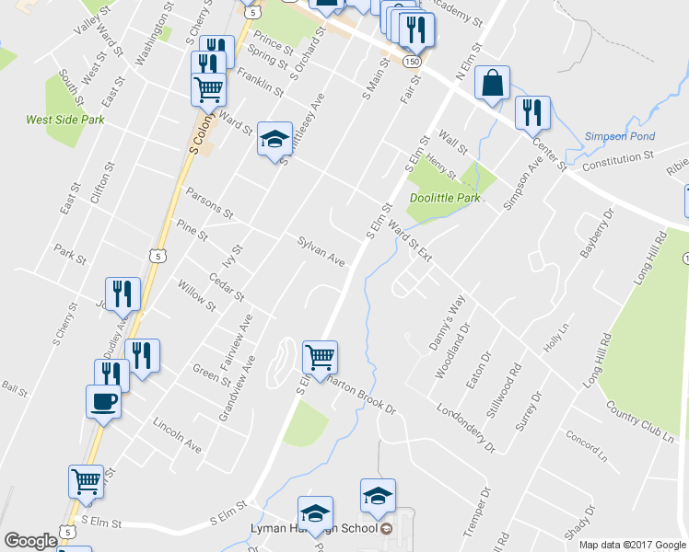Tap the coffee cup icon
(x=102, y=401)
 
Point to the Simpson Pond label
(x=613, y=137)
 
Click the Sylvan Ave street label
(x=321, y=250)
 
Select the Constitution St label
(x=611, y=161)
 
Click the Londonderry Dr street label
(x=466, y=429)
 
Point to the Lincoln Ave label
(x=178, y=435)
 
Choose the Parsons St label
(x=209, y=204)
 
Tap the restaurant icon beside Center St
(x=532, y=113)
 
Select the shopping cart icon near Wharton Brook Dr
(x=320, y=356)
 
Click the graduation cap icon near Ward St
(x=274, y=139)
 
